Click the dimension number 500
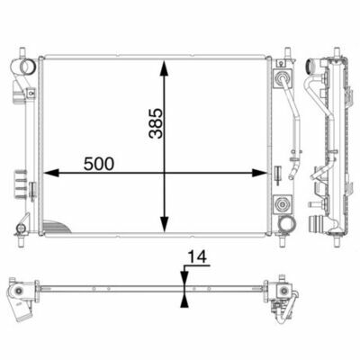coord(99,164)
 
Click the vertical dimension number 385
coord(156,123)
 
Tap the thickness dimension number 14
coord(197,257)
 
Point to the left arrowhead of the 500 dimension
coord(50,173)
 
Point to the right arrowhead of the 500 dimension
coord(259,173)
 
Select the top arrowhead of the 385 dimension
coord(164,68)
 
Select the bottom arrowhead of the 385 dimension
coord(164,224)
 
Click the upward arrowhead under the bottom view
coord(184,300)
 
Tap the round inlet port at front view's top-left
coord(24,66)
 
